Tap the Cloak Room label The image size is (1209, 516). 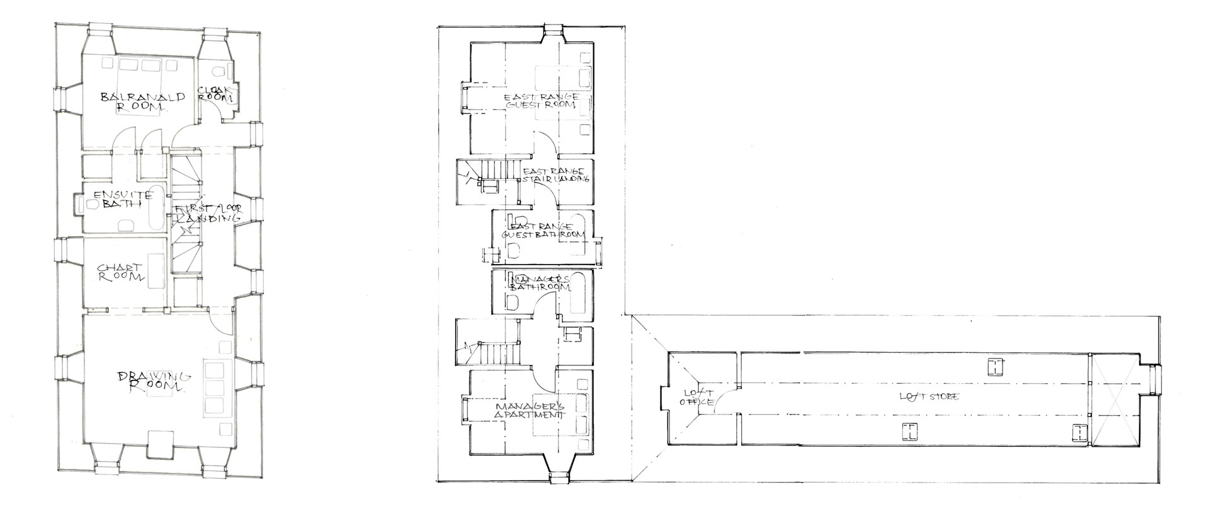(216, 94)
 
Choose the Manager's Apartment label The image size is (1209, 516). (528, 411)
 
